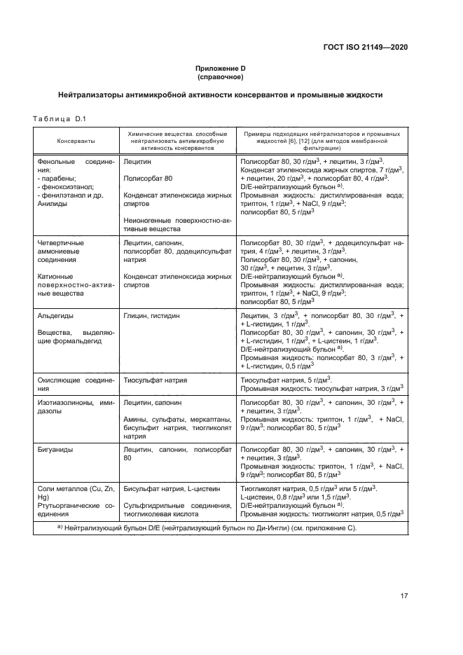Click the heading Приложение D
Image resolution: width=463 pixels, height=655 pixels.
220,68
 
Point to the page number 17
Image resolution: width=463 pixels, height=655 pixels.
404,596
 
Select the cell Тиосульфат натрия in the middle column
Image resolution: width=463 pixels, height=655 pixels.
152,379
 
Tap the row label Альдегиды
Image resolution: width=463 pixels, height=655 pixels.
55,316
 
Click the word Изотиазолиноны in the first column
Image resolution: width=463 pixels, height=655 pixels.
64,403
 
